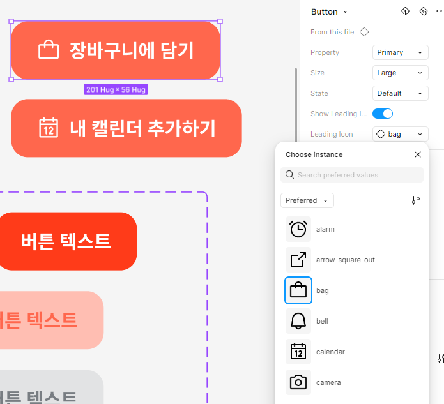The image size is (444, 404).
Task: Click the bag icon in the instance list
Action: (298, 290)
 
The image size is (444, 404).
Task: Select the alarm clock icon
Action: (298, 229)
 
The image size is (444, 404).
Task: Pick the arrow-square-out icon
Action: (298, 260)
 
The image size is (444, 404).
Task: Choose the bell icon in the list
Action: (298, 321)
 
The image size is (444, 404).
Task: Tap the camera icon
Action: (298, 382)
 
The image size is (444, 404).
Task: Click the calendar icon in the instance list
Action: (298, 352)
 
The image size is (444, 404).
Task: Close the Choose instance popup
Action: (418, 154)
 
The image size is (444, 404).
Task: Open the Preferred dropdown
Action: (307, 200)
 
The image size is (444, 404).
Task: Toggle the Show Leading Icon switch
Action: (383, 114)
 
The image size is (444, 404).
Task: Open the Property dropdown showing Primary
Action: (400, 52)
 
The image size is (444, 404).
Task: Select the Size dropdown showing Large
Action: (400, 73)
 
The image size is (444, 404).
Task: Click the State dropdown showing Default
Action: (400, 93)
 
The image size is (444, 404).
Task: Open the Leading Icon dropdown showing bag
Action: (400, 134)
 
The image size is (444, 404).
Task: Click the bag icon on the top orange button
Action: (49, 50)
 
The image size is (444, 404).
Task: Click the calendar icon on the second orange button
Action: (49, 128)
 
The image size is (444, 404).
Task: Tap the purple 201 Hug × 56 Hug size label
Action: (116, 90)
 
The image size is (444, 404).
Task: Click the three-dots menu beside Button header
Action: (439, 11)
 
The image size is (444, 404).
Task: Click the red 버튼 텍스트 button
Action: (66, 241)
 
